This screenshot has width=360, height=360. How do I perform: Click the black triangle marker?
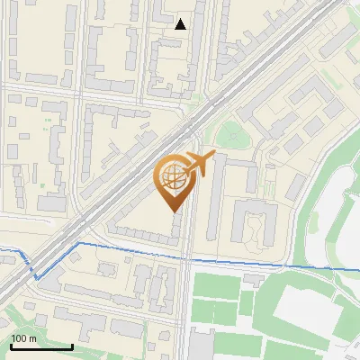181,24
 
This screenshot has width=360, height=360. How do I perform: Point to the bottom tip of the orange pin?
175,211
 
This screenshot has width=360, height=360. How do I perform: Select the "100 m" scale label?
23,338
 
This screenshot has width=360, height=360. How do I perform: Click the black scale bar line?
41,346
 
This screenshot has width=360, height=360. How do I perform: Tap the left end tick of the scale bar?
11,345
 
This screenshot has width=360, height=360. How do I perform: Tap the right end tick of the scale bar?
72,345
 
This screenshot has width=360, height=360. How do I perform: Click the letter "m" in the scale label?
32,338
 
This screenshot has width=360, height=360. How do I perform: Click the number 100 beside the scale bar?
19,338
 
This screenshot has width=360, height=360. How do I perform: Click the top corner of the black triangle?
181,19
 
